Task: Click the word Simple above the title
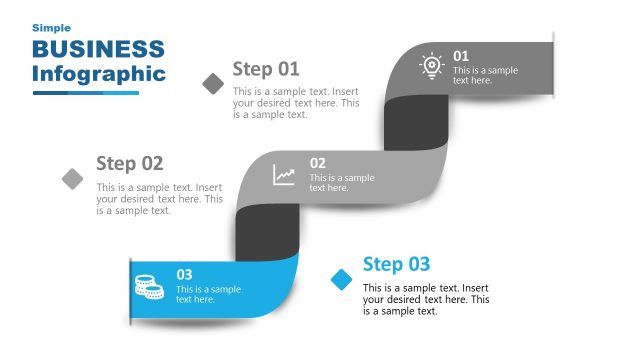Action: point(51,28)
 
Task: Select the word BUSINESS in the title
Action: point(98,50)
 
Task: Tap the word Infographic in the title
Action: point(98,74)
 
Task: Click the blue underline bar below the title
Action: point(85,93)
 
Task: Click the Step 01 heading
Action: point(266,69)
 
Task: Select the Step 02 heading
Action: point(129,163)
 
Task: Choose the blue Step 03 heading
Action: point(396,264)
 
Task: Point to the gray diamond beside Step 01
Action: point(213,83)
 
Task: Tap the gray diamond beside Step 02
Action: point(73,178)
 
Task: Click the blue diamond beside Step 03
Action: point(342,278)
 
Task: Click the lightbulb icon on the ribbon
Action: point(431,66)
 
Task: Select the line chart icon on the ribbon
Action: point(285,175)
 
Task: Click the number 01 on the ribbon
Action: point(461,56)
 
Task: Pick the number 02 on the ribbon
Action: point(317,163)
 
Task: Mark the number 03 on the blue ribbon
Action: point(184,274)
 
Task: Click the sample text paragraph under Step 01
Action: point(295,103)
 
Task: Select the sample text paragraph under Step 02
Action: point(159,198)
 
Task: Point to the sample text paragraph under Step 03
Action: point(425,299)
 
